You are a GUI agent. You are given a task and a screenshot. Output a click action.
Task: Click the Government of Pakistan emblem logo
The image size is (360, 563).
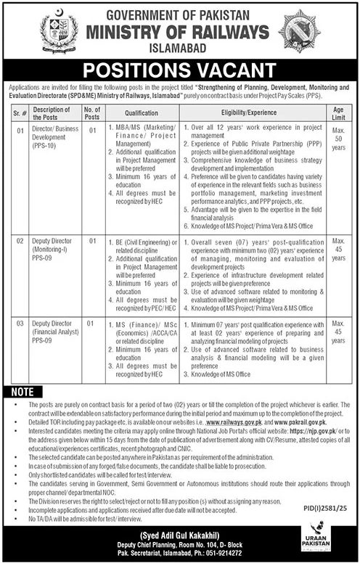coord(54,30)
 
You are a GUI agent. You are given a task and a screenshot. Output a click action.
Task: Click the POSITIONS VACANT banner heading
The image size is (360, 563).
coord(179,70)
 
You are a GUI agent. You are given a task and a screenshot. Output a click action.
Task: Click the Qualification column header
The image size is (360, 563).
coord(142,113)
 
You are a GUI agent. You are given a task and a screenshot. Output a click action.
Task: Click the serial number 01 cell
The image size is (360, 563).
coord(22,131)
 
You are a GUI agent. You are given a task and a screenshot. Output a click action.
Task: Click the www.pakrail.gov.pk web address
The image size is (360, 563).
coord(298,421)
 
